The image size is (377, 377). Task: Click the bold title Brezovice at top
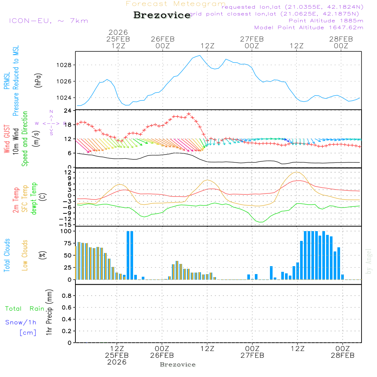pos(162,15)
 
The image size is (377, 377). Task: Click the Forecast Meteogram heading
pos(176,4)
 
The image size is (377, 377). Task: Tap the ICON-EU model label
pos(48,21)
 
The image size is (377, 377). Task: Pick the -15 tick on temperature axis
pos(66,225)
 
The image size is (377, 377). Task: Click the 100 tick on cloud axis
pos(66,231)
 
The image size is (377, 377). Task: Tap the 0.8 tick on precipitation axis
pos(66,296)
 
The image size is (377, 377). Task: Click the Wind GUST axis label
pos(7,139)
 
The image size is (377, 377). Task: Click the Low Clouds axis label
pos(25,255)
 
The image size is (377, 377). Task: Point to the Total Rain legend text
pos(25,309)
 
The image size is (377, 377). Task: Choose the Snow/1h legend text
pos(21,323)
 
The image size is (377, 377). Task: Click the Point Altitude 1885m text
pos(326,21)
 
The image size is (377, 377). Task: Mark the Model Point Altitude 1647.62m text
pos(309,28)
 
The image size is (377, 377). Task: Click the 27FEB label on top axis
pos(252,39)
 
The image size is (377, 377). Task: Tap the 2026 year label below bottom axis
pos(117,362)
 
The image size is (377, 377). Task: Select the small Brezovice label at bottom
pos(178,365)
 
